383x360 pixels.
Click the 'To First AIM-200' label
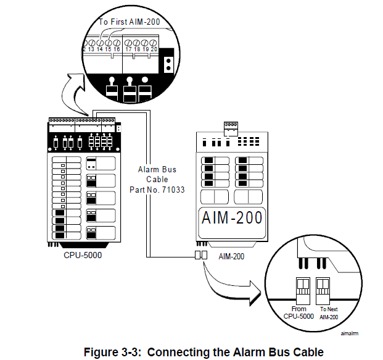(x=129, y=22)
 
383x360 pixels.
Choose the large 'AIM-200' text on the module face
(x=232, y=217)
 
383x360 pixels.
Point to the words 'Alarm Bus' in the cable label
(x=157, y=169)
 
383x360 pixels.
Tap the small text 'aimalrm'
(x=350, y=333)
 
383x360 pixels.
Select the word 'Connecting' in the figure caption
(x=173, y=352)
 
